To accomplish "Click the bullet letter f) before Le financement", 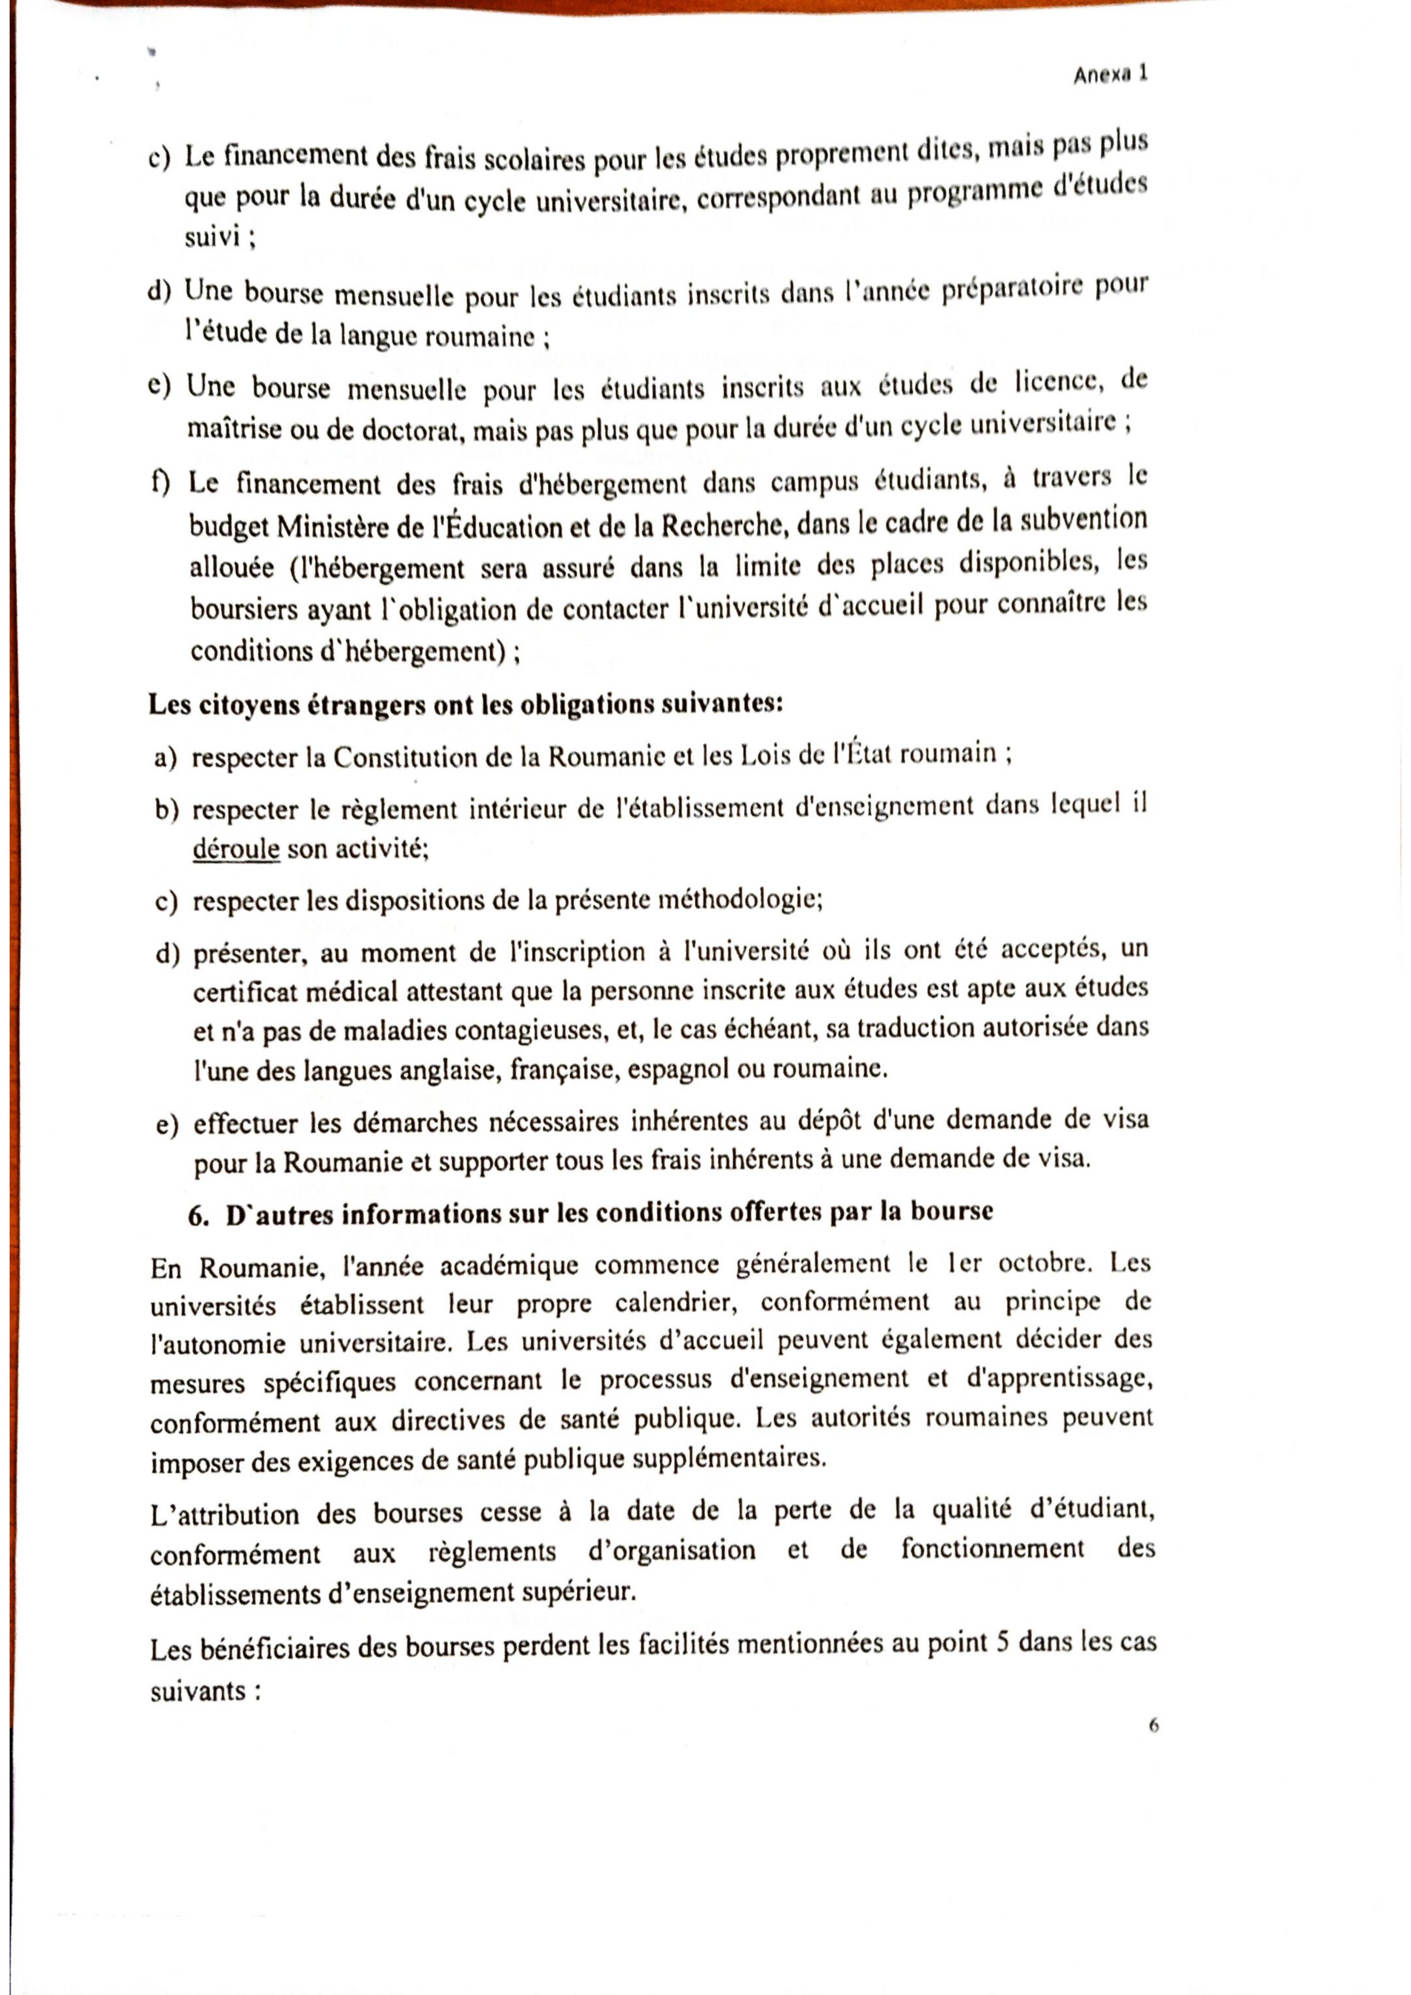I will click(x=159, y=483).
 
